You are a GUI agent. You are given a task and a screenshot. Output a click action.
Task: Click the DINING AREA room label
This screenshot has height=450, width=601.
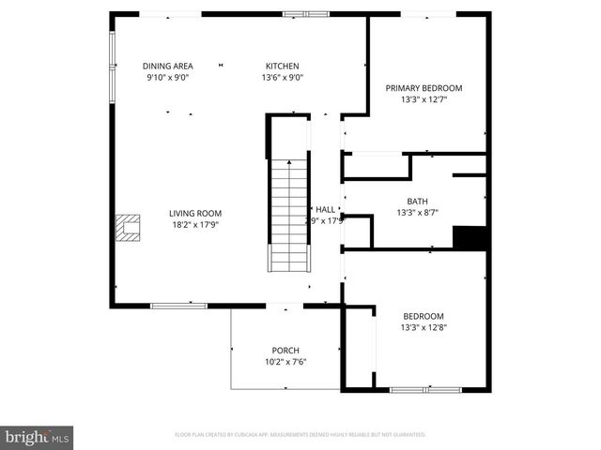[168, 66]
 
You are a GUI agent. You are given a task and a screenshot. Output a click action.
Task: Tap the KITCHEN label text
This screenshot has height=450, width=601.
[282, 66]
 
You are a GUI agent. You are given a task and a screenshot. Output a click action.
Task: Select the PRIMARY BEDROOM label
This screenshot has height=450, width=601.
[424, 88]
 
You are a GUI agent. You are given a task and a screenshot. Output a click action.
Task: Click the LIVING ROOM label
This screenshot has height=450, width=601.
[195, 213]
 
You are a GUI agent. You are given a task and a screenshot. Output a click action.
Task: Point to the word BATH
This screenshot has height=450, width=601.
[417, 202]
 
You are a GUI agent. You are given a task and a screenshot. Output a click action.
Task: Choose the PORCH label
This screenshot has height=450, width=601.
[285, 351]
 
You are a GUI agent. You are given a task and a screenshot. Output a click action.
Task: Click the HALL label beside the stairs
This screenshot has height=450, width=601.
[325, 210]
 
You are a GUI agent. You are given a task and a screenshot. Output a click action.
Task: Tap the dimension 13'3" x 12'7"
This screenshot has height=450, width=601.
[424, 99]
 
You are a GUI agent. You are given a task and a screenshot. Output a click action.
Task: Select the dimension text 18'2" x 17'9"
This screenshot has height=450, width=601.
[195, 224]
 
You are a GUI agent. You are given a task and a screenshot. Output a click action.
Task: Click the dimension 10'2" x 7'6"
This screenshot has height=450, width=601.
[285, 362]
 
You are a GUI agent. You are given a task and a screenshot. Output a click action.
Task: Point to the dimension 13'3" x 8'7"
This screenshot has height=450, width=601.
[417, 213]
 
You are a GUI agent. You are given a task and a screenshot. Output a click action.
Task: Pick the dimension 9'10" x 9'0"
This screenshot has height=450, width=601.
[168, 78]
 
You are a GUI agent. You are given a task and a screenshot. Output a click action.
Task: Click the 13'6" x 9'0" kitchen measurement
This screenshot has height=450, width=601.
[282, 78]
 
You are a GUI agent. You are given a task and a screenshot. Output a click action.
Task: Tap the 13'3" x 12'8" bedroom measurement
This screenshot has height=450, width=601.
[424, 328]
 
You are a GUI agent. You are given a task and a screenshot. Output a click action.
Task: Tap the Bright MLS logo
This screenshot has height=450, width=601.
[38, 436]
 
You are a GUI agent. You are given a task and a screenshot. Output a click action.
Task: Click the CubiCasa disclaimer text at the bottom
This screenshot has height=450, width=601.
[300, 435]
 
